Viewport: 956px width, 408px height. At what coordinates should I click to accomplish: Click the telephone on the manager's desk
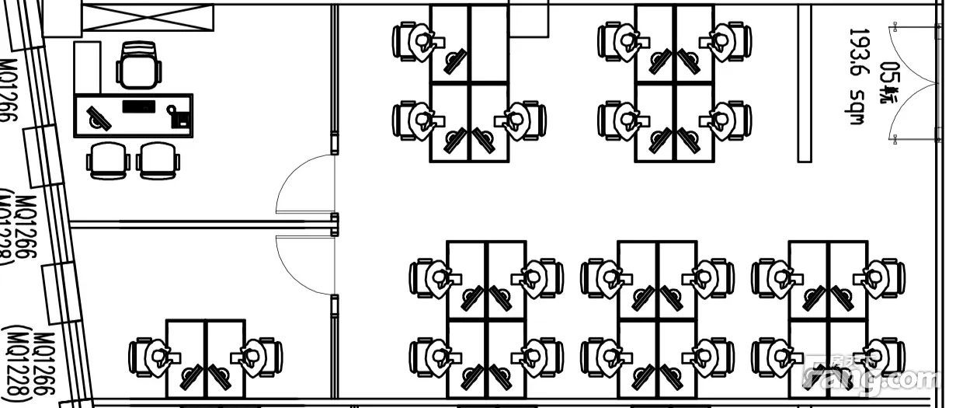(x=180, y=117)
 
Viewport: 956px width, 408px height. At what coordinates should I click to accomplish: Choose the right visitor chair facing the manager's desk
(x=159, y=160)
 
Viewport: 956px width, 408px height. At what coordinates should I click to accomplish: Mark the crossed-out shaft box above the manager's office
(x=148, y=19)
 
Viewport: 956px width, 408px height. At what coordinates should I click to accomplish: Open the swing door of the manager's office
(x=304, y=184)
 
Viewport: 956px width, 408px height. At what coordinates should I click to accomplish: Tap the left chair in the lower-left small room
(x=149, y=357)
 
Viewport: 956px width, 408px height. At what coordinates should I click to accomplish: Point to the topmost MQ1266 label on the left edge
(x=9, y=89)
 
